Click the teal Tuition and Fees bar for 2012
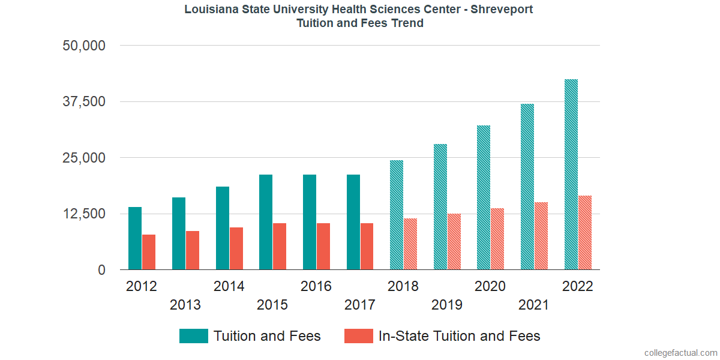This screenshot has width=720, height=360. [x=135, y=238]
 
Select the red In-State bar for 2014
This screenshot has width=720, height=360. [x=236, y=248]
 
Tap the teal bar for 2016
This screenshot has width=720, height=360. [x=310, y=222]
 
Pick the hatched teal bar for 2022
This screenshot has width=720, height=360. [x=571, y=175]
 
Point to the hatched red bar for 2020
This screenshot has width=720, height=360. [x=497, y=239]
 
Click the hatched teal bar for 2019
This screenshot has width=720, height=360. [x=440, y=207]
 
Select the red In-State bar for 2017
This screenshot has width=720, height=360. [x=367, y=247]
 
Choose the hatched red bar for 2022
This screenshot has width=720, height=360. [x=585, y=233]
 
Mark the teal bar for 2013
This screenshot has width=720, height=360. [x=179, y=233]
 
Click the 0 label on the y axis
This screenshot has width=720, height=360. [x=102, y=270]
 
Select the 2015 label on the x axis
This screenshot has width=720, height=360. [x=272, y=305]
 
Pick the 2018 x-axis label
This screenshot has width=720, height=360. [x=403, y=286]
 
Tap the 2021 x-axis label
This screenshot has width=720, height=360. [x=534, y=305]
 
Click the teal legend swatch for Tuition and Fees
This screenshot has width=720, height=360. [x=194, y=336]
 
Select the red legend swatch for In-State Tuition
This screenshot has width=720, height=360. [x=358, y=336]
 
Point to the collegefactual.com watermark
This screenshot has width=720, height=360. [x=680, y=353]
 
